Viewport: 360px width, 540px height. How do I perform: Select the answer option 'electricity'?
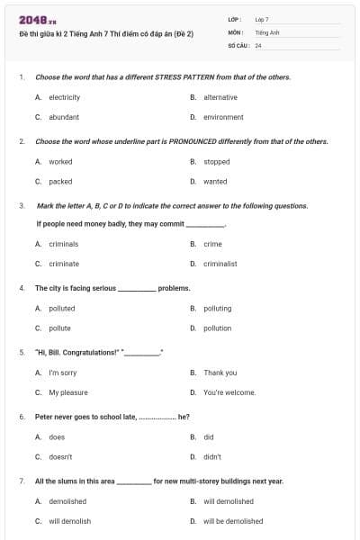pos(64,97)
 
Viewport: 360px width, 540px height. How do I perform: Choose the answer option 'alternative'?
pos(220,97)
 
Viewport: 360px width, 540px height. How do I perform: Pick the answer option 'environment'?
pos(223,117)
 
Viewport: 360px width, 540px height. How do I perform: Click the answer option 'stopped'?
pos(216,162)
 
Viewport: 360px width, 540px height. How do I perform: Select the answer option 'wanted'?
pos(215,181)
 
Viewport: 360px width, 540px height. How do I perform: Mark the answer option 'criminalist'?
pos(220,264)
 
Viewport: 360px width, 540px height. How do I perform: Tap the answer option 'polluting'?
pos(217,308)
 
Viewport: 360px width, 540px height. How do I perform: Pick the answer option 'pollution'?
pos(217,328)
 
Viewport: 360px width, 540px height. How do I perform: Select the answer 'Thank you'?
pos(220,373)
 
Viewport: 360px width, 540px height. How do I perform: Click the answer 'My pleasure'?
pos(68,392)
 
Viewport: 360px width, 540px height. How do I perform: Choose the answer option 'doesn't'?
pos(60,456)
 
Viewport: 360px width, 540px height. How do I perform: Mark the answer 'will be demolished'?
pos(233,521)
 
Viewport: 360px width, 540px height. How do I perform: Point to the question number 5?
pos(22,352)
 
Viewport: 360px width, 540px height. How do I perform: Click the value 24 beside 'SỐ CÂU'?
pos(258,45)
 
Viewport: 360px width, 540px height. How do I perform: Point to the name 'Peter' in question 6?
pos(44,417)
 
